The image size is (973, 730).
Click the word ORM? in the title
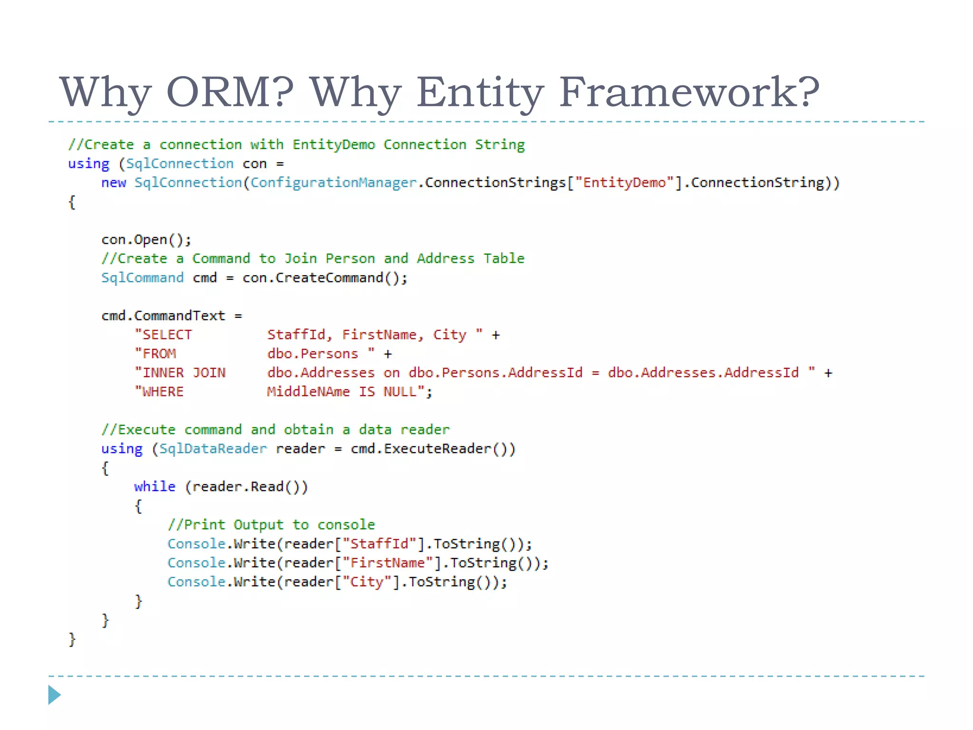click(x=230, y=92)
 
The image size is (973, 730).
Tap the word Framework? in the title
click(x=689, y=92)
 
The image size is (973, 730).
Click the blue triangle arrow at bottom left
click(x=54, y=695)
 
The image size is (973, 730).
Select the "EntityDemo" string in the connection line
click(x=624, y=183)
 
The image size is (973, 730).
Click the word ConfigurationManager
click(x=333, y=183)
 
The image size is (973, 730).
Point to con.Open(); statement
click(x=146, y=240)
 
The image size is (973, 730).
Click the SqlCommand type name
click(x=142, y=278)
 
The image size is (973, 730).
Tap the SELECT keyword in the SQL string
click(x=167, y=335)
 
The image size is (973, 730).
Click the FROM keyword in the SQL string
click(x=159, y=354)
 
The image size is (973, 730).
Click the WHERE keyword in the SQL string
click(x=162, y=392)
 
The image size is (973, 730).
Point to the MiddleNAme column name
click(x=308, y=392)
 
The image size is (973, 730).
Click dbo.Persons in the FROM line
click(x=312, y=354)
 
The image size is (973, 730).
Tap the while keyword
click(x=154, y=487)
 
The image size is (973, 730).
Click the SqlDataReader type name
click(x=212, y=449)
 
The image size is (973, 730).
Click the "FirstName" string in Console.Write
click(x=388, y=563)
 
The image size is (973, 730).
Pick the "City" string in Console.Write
click(x=367, y=582)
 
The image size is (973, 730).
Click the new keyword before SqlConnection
click(x=113, y=183)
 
